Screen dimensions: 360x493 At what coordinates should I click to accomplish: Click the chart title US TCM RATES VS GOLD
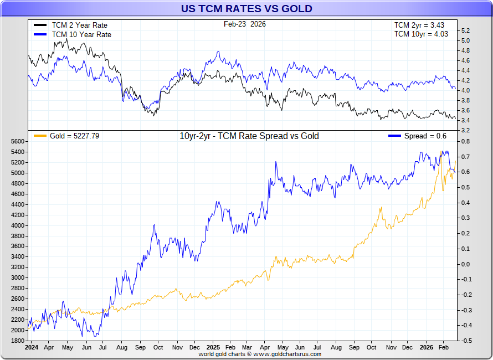[x=247, y=8]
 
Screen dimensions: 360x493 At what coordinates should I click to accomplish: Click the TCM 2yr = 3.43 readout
[x=419, y=25]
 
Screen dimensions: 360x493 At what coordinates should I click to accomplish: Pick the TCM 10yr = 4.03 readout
[x=421, y=34]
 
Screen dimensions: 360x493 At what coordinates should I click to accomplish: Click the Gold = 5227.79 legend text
[x=74, y=136]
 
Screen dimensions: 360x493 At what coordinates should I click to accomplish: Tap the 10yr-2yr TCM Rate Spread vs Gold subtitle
[x=249, y=136]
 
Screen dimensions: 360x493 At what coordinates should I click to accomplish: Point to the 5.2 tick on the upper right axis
[x=465, y=30]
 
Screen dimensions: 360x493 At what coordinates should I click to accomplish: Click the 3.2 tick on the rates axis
[x=465, y=130]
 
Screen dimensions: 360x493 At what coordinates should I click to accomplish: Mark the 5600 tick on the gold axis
[x=18, y=141]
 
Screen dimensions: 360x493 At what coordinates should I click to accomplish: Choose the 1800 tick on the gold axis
[x=18, y=341]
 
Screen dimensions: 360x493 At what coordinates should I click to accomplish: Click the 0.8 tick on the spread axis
[x=466, y=141]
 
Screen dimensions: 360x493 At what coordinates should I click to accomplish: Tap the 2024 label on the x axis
[x=32, y=348]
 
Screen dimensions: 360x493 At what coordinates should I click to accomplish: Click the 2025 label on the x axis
[x=213, y=348]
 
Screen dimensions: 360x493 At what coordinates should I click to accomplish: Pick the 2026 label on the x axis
[x=426, y=348]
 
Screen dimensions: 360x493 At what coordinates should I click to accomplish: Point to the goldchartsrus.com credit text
[x=260, y=354]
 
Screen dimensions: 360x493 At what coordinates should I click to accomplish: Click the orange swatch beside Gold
[x=40, y=136]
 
